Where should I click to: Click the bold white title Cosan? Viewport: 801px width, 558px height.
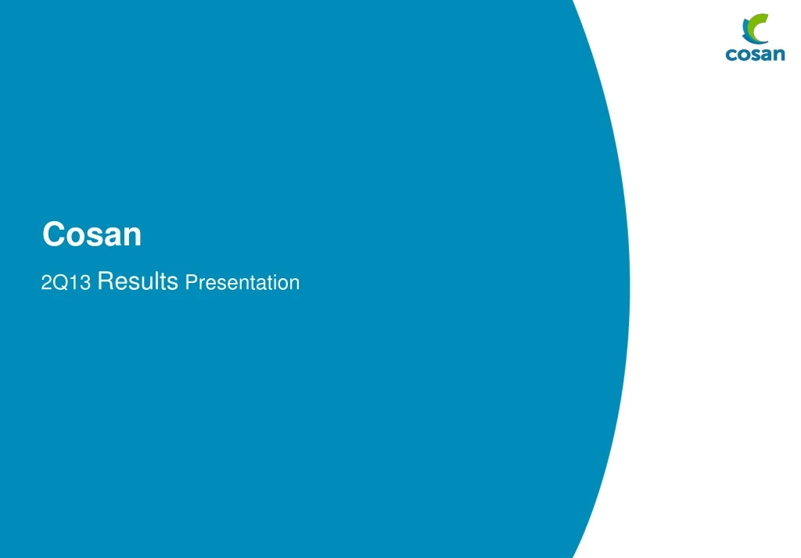click(x=92, y=234)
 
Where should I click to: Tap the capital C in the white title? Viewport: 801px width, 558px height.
click(x=54, y=234)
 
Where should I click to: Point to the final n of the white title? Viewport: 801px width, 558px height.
click(x=132, y=236)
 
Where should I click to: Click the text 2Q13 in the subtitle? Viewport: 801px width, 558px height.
click(x=66, y=283)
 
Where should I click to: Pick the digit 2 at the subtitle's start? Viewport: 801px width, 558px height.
click(x=46, y=283)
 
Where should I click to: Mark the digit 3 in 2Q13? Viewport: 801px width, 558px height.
click(x=86, y=283)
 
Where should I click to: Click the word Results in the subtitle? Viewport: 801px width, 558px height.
click(x=138, y=281)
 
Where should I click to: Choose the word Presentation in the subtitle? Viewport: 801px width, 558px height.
click(x=242, y=282)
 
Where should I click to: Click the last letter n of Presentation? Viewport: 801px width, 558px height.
click(x=294, y=284)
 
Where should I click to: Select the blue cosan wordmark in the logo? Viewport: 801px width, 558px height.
click(x=755, y=55)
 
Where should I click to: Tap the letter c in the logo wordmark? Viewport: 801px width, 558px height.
click(x=731, y=55)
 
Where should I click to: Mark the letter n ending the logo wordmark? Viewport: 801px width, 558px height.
click(x=778, y=55)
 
